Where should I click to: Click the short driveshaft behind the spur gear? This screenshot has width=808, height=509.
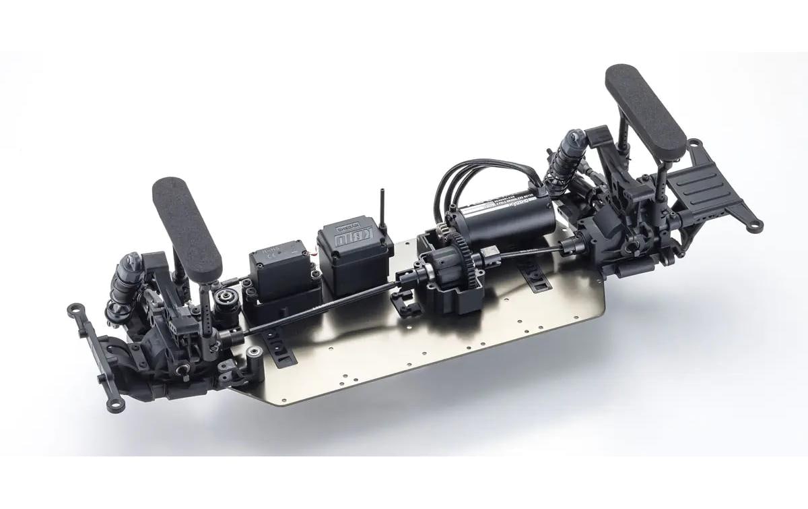[x=532, y=253]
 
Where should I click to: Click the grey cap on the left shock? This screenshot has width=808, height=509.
[x=132, y=260]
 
